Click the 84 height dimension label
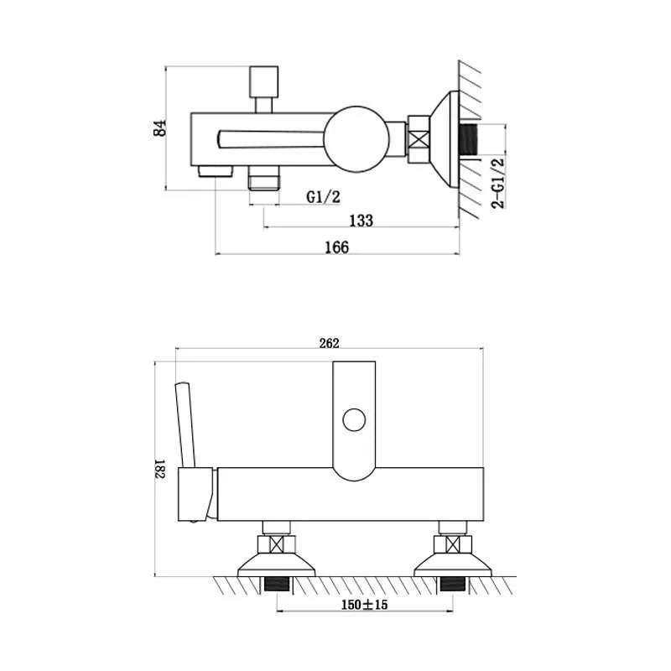coord(160,127)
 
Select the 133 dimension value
coord(362,221)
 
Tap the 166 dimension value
coord(337,247)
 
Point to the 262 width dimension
coord(329,343)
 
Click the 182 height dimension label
coord(159,469)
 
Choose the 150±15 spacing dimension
coord(364,605)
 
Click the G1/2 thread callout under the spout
coord(324,197)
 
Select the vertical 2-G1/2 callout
coord(497,183)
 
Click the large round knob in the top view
coord(356,138)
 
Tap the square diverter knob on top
coord(263,81)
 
